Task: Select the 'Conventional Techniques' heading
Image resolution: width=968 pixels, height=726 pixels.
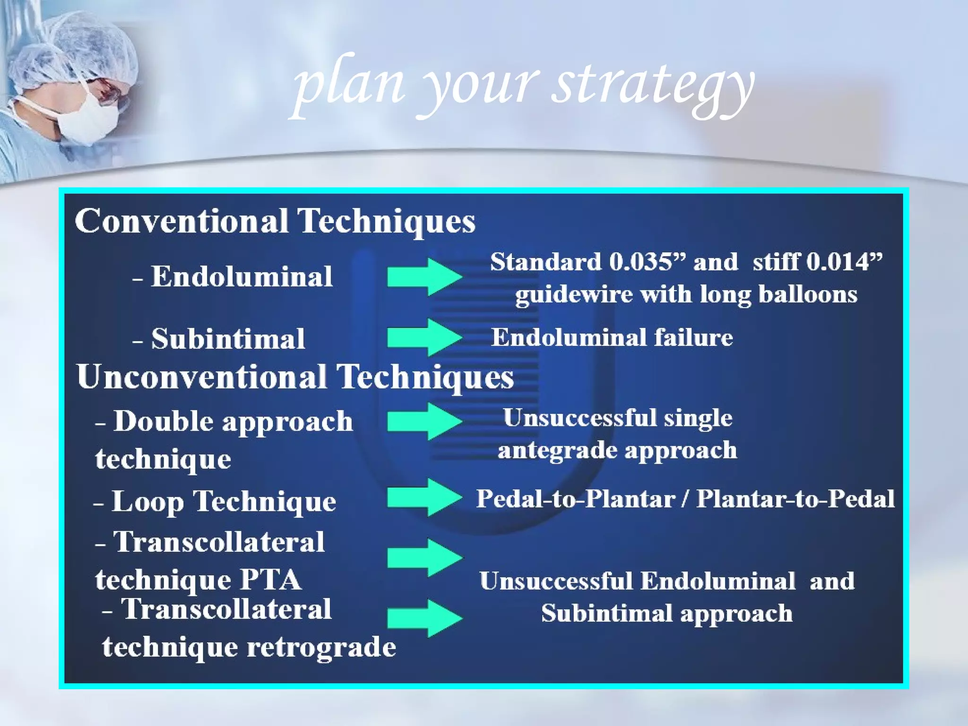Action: click(275, 221)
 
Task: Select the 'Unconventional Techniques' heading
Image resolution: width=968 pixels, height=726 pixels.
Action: click(295, 377)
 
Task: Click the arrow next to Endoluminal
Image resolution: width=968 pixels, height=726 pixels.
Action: click(424, 277)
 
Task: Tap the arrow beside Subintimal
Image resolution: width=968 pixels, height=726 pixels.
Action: click(424, 337)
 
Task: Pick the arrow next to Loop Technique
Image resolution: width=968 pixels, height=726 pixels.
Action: click(424, 497)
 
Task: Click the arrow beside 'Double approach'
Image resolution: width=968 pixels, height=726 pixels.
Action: click(424, 421)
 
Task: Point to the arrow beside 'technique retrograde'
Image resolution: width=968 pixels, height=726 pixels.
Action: click(424, 618)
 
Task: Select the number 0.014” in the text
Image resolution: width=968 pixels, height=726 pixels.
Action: click(844, 261)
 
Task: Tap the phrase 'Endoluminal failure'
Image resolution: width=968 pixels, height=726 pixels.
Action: click(612, 337)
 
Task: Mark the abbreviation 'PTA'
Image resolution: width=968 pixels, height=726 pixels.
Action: click(271, 580)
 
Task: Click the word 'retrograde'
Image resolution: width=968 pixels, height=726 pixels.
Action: click(321, 647)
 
